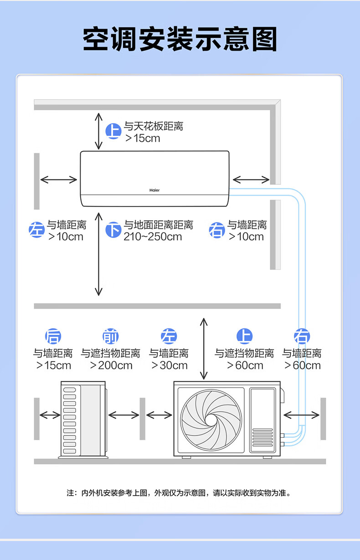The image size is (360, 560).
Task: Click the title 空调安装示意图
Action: click(180, 40)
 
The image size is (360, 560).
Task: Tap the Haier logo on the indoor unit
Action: click(155, 190)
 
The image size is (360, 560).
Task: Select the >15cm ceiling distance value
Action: click(143, 138)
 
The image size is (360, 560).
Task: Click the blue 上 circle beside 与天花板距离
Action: click(113, 131)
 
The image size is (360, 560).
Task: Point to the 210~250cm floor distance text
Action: click(152, 237)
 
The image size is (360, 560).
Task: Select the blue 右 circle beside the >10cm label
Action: click(216, 230)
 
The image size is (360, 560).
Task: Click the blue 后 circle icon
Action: click(53, 337)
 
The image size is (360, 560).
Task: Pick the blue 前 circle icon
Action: click(110, 337)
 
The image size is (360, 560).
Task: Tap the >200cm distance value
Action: click(111, 365)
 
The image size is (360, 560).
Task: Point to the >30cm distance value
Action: click(169, 365)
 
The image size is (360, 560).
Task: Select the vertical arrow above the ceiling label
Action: click(98, 131)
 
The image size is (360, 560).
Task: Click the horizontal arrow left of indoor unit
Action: click(59, 179)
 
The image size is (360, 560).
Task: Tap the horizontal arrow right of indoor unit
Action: click(251, 179)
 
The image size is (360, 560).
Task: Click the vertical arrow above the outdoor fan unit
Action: click(204, 349)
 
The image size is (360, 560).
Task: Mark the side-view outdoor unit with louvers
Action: click(83, 420)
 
